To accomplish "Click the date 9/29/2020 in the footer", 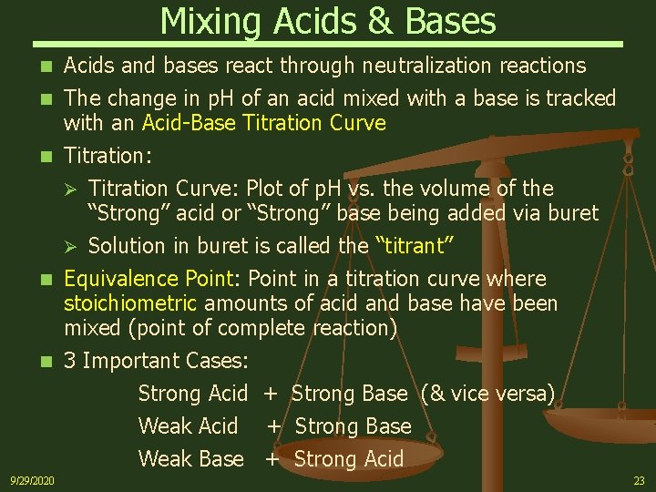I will [x=32, y=480].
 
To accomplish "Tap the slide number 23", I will [x=638, y=480].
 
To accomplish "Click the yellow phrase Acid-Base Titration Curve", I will [x=264, y=122].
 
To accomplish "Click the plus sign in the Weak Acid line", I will [x=274, y=426].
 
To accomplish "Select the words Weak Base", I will [x=190, y=459].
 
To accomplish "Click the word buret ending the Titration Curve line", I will [x=572, y=213].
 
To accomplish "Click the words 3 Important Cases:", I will [x=156, y=361].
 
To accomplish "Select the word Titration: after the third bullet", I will [x=108, y=156].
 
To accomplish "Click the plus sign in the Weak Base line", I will [x=272, y=459].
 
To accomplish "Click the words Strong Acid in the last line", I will [x=348, y=459].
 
